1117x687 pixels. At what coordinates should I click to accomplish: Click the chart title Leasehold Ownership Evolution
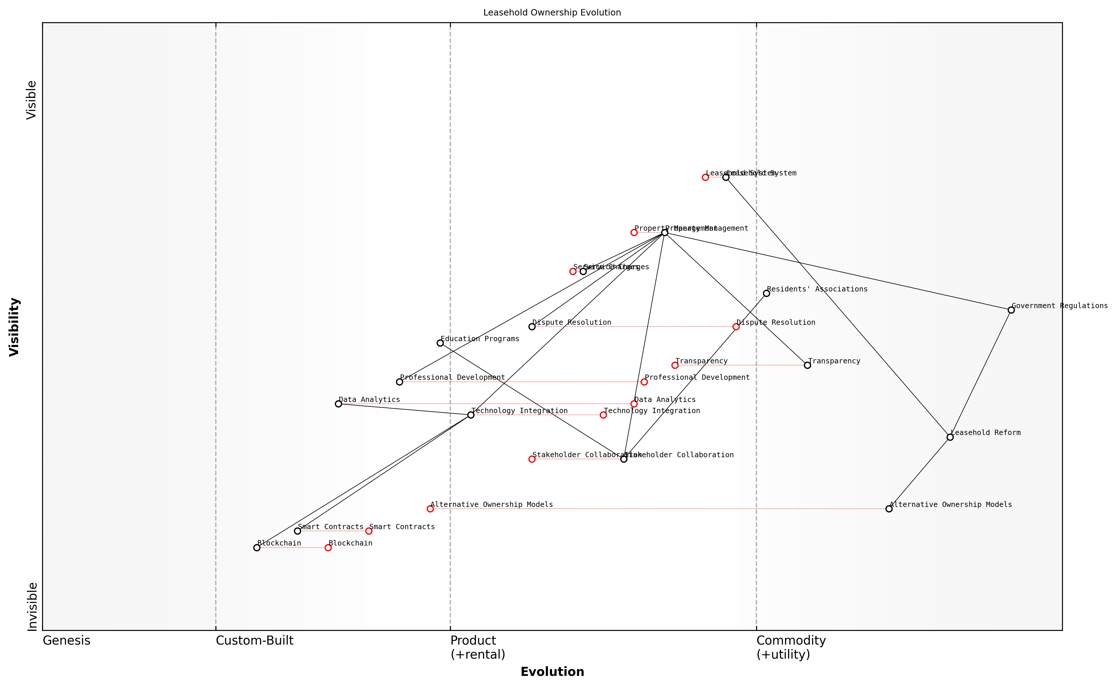point(552,13)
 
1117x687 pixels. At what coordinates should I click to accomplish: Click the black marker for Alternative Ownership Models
point(889,509)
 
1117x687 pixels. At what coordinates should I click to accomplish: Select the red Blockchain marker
point(328,548)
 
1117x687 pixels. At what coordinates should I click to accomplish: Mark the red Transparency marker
point(675,365)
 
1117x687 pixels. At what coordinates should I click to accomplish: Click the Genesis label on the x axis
point(66,641)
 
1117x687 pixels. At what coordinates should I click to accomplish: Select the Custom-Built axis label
point(254,641)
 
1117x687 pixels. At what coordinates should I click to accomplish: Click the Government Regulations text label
point(1059,306)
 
